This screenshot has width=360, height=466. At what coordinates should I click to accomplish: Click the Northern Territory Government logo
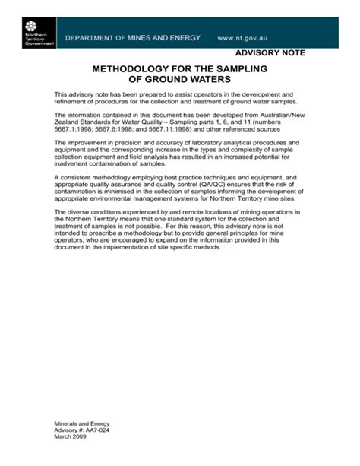pyautogui.click(x=35, y=33)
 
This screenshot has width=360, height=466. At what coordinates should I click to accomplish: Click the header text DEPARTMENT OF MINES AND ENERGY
pyautogui.click(x=132, y=38)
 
